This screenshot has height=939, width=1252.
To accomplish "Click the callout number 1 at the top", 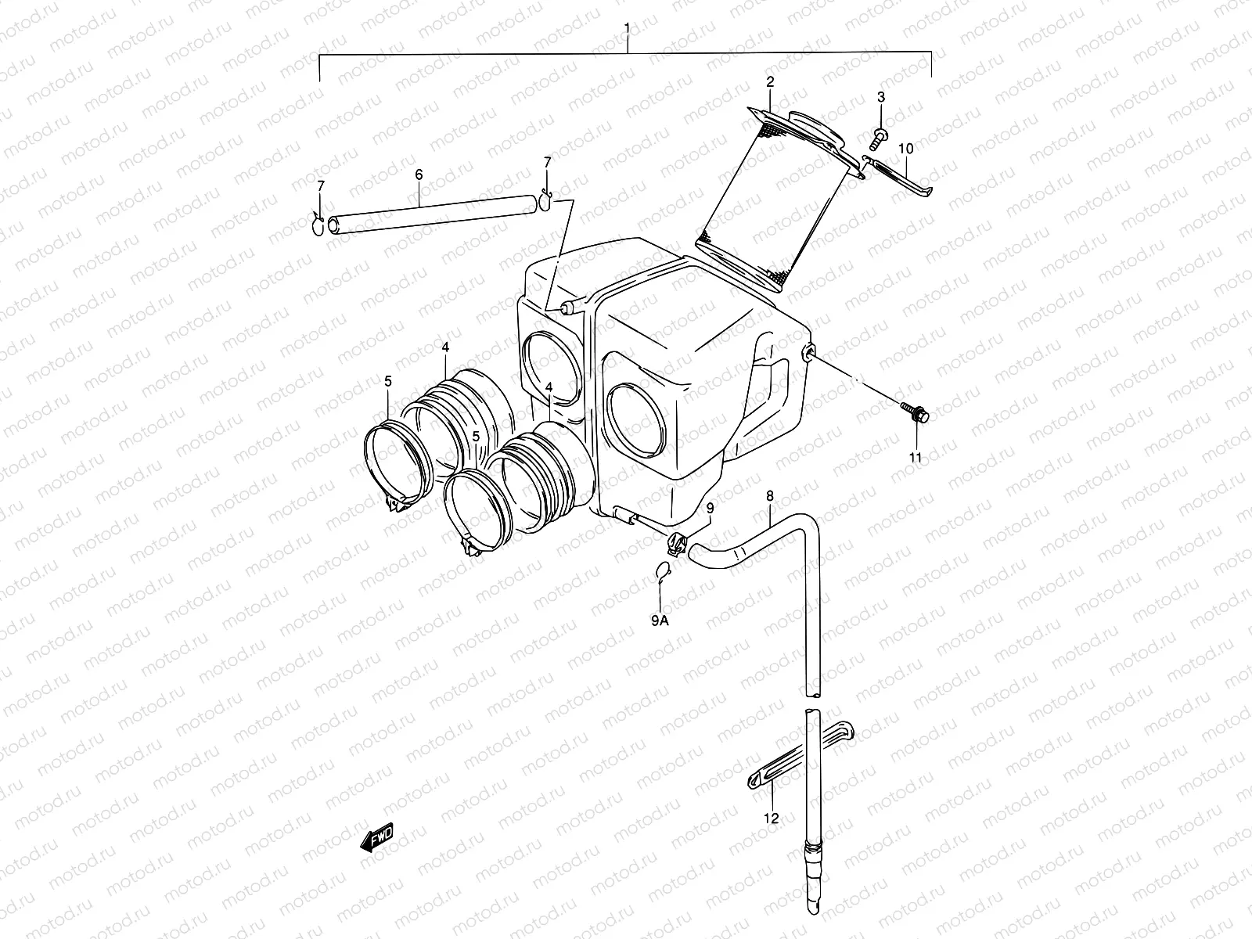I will coord(627,28).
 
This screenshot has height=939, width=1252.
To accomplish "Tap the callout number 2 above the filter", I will coord(770,81).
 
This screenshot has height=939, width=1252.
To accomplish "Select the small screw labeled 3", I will coord(879,138).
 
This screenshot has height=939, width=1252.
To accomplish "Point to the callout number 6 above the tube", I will coord(419,174).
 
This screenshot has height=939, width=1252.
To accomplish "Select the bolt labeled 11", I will coord(916,412).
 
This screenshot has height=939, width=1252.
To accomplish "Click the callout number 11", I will coord(916,458).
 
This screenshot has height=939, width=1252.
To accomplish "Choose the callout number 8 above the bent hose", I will coord(770,495).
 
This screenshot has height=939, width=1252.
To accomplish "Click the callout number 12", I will coord(772,818).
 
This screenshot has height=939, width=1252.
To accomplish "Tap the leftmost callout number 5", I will coord(388,381).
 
